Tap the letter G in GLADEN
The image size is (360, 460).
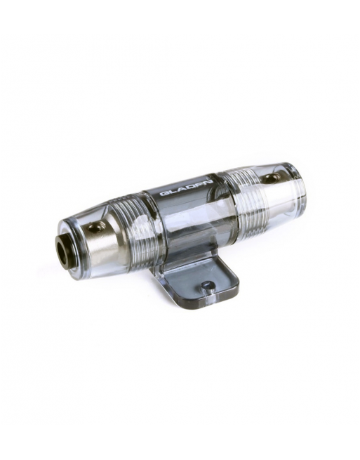(163, 193)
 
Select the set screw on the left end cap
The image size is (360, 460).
(96, 226)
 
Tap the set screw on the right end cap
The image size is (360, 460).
(270, 178)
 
